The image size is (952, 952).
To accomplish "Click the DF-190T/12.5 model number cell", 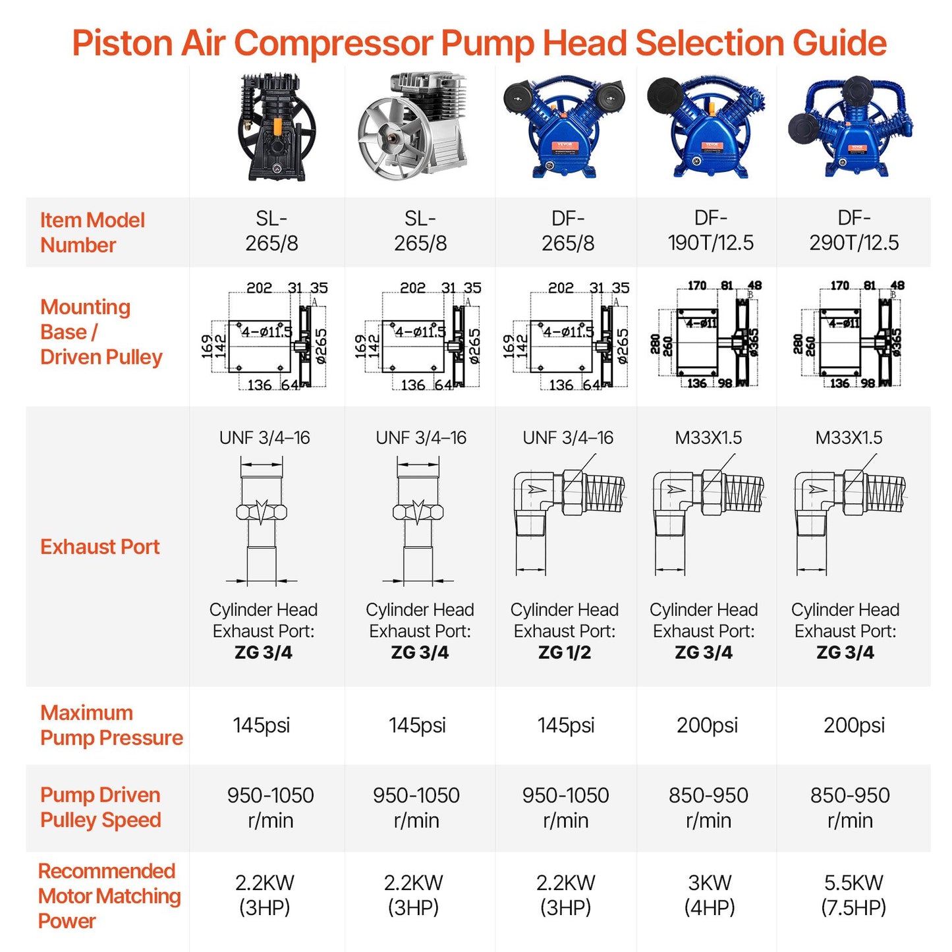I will tap(710, 231).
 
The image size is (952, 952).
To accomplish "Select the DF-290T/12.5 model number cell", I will tap(854, 231).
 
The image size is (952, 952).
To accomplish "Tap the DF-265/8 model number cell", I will tap(568, 231).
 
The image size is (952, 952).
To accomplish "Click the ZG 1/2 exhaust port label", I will tap(565, 652).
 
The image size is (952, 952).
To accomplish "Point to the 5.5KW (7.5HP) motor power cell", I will tap(853, 895).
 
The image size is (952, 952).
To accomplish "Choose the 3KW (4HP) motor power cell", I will tap(710, 895).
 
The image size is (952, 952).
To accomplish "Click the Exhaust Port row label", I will tap(100, 547).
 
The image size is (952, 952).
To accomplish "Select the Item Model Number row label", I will tap(92, 233).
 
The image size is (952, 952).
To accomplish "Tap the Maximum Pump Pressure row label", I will tap(111, 725).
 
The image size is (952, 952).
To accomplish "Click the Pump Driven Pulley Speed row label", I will tap(101, 807).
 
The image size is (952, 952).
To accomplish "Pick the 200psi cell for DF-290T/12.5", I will tap(854, 725).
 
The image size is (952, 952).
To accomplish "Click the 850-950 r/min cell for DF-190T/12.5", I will tap(708, 808).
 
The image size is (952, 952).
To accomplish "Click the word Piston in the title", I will tap(122, 43).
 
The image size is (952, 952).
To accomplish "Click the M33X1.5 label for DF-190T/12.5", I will tap(708, 437).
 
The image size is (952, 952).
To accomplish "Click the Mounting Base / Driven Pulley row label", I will tap(101, 332).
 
